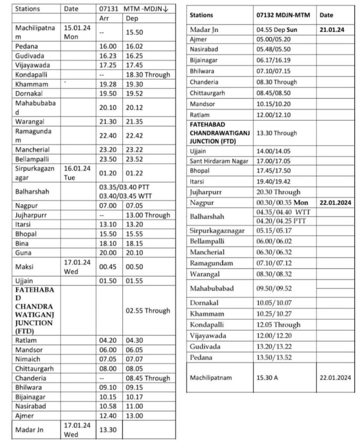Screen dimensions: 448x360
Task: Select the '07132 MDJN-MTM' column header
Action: [x=283, y=15]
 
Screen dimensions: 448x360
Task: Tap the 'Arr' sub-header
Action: [x=104, y=18]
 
